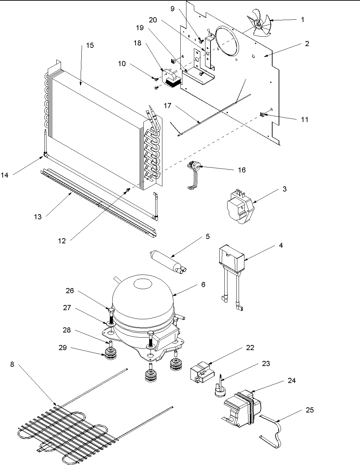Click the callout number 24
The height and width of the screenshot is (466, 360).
coord(292,381)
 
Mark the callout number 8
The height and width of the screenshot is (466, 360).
coord(12,364)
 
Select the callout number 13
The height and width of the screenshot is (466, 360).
coord(38,217)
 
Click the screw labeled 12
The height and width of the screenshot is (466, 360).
coord(128,190)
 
